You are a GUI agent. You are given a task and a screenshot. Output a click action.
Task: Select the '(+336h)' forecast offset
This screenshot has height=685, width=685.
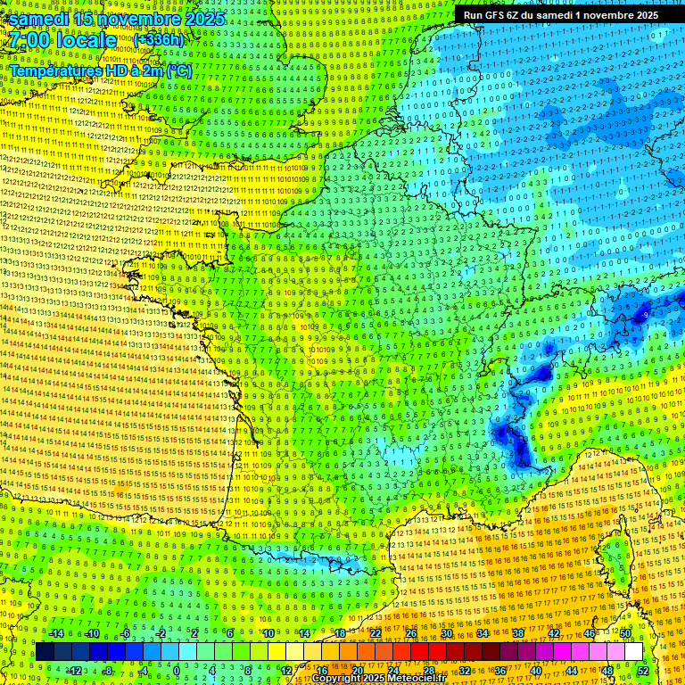tap(159, 40)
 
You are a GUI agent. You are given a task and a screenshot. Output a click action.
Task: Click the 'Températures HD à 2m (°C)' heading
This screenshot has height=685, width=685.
tap(100, 70)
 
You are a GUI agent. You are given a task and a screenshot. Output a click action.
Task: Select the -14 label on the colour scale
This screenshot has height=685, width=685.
tap(55, 633)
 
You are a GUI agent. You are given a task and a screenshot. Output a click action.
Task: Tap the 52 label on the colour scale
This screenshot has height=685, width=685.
tap(643, 671)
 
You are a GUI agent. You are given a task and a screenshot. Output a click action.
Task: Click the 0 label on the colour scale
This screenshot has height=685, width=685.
tap(177, 671)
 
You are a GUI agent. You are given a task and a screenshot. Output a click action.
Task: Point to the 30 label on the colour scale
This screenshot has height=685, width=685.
tap(447, 633)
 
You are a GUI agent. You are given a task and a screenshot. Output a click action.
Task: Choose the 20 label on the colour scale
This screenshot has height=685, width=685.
tap(357, 671)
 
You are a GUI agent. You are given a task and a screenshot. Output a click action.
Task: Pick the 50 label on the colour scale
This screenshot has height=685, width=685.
tap(625, 633)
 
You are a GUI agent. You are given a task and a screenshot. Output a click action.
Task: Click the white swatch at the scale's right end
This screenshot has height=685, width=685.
tap(633, 652)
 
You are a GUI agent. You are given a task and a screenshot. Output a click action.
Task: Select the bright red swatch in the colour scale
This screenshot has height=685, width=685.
tap(419, 652)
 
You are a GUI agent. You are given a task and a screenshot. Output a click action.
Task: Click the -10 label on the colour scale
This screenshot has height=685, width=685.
tap(91, 633)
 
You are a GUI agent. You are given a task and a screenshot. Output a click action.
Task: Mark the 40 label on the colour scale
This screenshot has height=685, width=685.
tap(535, 671)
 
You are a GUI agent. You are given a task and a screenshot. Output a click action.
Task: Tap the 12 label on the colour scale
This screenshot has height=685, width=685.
tap(286, 671)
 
